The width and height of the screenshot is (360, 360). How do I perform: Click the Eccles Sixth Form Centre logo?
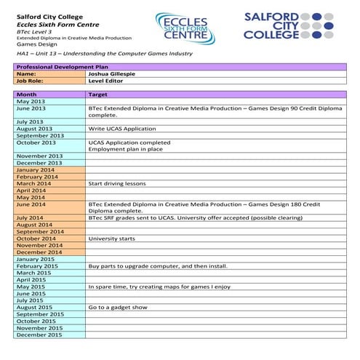point(185,27)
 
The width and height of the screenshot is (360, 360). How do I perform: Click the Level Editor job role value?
point(107,81)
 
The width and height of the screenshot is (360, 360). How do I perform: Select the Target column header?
point(97,95)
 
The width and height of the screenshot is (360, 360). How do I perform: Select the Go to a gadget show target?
point(117,308)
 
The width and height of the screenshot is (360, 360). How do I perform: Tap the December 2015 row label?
point(39,335)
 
